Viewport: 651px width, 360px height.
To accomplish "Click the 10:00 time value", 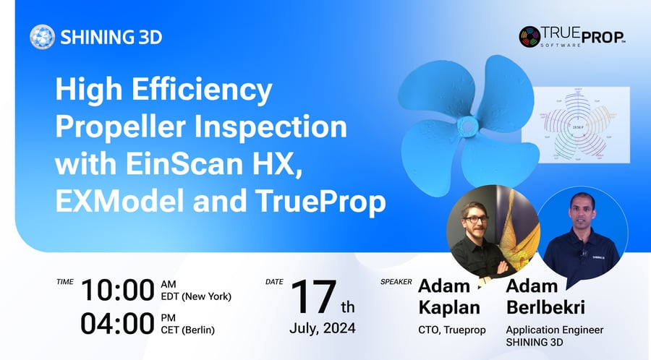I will (117, 290).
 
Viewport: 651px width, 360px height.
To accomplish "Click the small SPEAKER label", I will (396, 281).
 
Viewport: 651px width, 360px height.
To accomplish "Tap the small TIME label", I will (64, 280).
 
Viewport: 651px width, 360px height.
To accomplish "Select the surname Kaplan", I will (449, 307).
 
